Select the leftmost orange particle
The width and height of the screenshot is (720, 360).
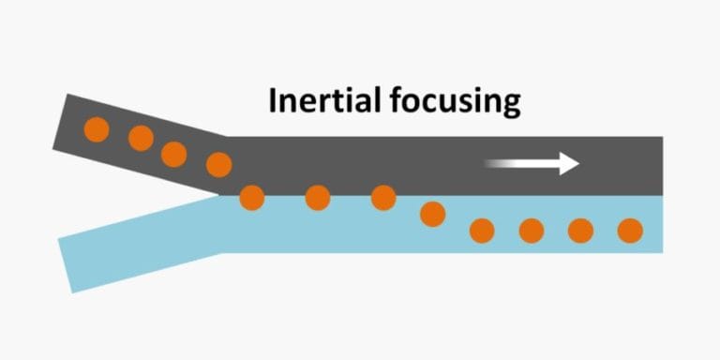(97, 129)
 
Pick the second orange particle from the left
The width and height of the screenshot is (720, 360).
(141, 139)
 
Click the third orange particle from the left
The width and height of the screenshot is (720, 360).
(173, 153)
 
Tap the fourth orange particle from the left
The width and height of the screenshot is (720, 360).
(218, 164)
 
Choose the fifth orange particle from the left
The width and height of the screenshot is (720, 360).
(251, 197)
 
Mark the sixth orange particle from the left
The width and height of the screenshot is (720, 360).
(318, 197)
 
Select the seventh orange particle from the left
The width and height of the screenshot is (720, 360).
(383, 197)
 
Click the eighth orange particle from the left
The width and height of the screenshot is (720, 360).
(432, 214)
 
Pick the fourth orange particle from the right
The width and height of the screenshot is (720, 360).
(482, 230)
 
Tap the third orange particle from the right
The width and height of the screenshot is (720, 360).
(532, 230)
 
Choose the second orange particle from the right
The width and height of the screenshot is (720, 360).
(580, 230)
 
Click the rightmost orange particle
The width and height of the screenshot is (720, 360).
(630, 230)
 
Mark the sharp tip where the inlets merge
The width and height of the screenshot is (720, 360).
(221, 195)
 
